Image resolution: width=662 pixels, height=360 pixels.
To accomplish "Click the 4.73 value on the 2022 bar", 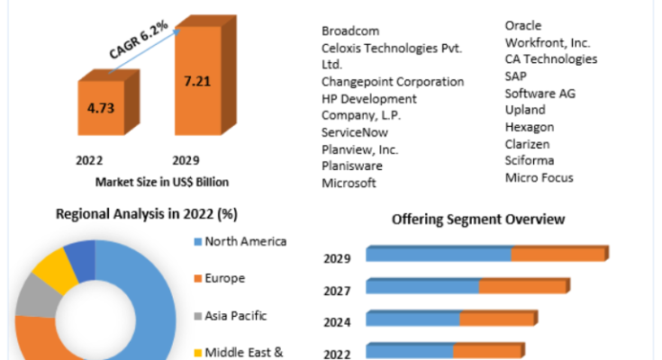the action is click(101, 108).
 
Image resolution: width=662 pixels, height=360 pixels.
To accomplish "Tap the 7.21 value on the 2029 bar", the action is click(197, 81).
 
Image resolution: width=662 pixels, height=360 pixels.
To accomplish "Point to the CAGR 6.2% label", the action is click(139, 40).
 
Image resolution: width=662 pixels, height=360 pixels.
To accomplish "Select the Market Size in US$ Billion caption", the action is click(162, 182).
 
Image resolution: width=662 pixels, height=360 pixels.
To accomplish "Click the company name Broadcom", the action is click(350, 31).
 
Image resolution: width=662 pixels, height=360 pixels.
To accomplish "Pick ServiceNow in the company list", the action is click(355, 132).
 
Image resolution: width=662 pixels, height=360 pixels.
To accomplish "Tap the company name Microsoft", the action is click(349, 183).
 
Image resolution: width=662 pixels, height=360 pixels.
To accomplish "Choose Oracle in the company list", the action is click(523, 26).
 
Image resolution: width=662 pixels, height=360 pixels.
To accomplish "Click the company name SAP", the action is click(516, 76).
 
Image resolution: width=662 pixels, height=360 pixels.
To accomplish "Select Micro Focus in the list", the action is click(540, 177).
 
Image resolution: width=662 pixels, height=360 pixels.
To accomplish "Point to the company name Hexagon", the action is click(530, 127).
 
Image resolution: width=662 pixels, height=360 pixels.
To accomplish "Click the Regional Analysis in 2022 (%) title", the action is click(147, 214).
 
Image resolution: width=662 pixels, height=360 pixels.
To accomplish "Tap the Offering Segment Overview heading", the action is click(478, 220).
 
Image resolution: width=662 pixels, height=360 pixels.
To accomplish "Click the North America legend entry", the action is click(240, 241).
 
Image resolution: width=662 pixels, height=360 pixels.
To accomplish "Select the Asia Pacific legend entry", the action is click(231, 316).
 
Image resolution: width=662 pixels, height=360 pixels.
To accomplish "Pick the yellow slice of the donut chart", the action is click(54, 270).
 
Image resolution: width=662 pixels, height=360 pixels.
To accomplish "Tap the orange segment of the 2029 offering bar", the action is click(558, 254).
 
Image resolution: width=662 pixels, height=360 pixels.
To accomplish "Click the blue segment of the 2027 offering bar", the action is click(422, 285).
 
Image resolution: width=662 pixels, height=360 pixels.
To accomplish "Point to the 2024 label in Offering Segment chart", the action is click(337, 322).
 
